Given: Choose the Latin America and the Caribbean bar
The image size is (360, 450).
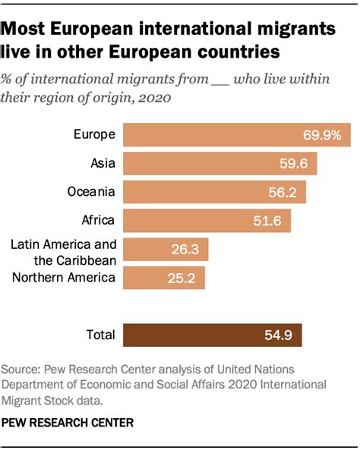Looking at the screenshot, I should tap(165, 250).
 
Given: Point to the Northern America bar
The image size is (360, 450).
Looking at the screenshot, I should tap(163, 278).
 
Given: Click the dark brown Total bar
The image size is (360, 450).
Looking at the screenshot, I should tap(212, 335).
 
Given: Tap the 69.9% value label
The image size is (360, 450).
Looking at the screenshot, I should tap(323, 135).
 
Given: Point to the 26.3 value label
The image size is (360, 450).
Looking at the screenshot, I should tap(184, 250).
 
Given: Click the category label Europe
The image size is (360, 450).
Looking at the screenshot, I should tap(94, 135).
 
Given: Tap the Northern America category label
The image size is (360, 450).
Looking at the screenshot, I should tap(64, 278).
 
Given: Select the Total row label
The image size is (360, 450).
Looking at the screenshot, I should tap(100, 335).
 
